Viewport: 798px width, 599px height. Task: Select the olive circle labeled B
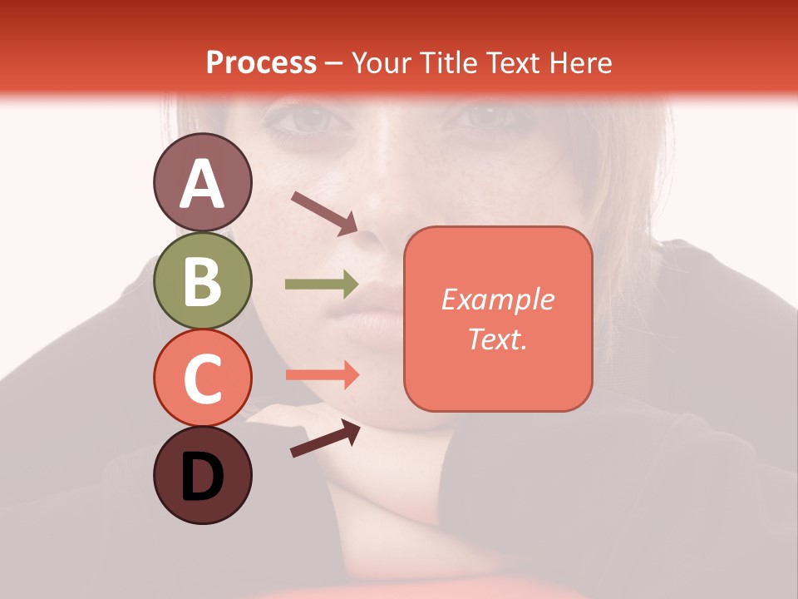click(202, 281)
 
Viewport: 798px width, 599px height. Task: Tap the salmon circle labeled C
click(202, 379)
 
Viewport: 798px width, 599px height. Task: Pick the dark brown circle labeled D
click(202, 476)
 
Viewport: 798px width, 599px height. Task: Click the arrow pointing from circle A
click(324, 213)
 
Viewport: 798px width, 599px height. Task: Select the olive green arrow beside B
click(322, 285)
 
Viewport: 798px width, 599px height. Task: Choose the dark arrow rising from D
click(325, 438)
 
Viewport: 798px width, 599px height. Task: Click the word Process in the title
click(261, 62)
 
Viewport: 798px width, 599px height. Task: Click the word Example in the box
click(497, 299)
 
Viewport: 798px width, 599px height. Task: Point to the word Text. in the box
click(497, 339)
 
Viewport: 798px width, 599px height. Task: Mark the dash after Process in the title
click(333, 64)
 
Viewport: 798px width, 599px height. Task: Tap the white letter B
click(202, 281)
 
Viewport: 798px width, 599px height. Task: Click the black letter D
click(202, 477)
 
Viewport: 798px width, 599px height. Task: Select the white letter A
click(202, 183)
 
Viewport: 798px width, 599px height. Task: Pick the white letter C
click(202, 379)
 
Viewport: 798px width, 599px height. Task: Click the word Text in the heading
click(513, 62)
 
